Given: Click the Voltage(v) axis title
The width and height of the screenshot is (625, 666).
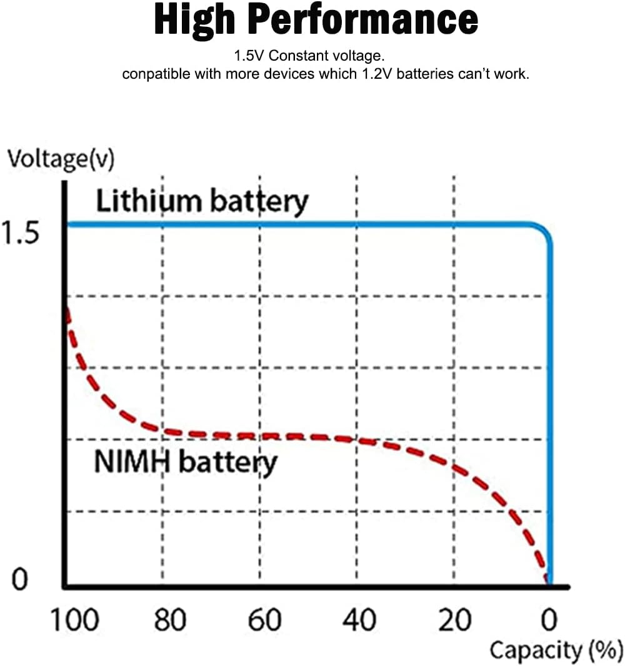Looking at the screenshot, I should [61, 159].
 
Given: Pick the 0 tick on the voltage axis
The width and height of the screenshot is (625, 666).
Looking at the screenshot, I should [19, 580].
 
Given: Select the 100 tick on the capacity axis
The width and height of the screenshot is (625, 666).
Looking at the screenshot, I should [73, 621].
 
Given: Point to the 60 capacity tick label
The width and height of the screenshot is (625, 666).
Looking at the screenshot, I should [264, 621].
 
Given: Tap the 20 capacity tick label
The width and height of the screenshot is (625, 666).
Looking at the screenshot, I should [454, 621].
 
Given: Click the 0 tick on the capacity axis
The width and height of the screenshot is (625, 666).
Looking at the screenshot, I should [549, 621].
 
